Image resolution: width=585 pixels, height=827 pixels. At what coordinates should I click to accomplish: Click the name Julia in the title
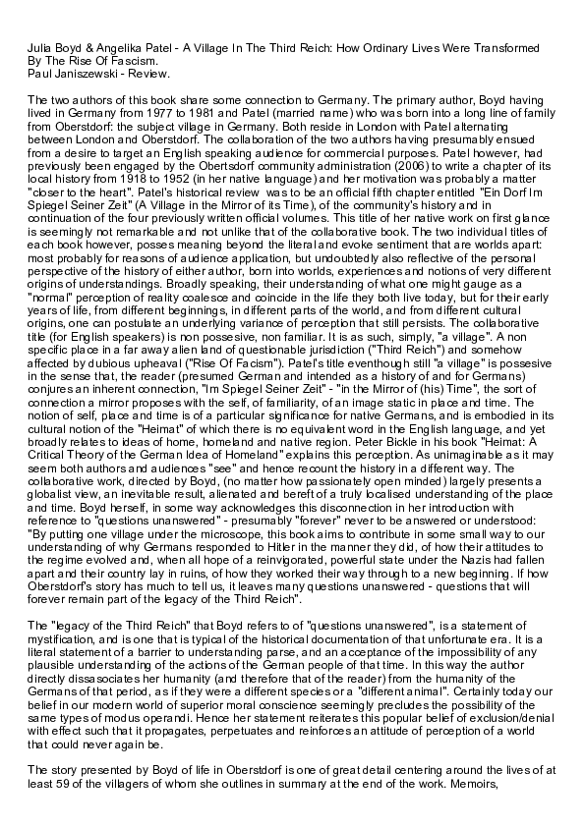[39, 48]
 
